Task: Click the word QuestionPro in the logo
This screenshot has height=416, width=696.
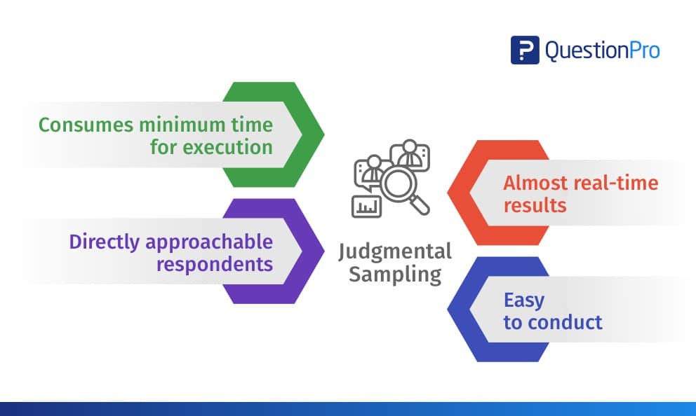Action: [602, 51]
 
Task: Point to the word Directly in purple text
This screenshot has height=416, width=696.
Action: [104, 242]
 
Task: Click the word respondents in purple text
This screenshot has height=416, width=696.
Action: [214, 264]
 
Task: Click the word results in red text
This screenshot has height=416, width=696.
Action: [535, 206]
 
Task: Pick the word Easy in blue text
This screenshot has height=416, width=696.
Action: [523, 300]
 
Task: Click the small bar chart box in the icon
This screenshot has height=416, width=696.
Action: [366, 205]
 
